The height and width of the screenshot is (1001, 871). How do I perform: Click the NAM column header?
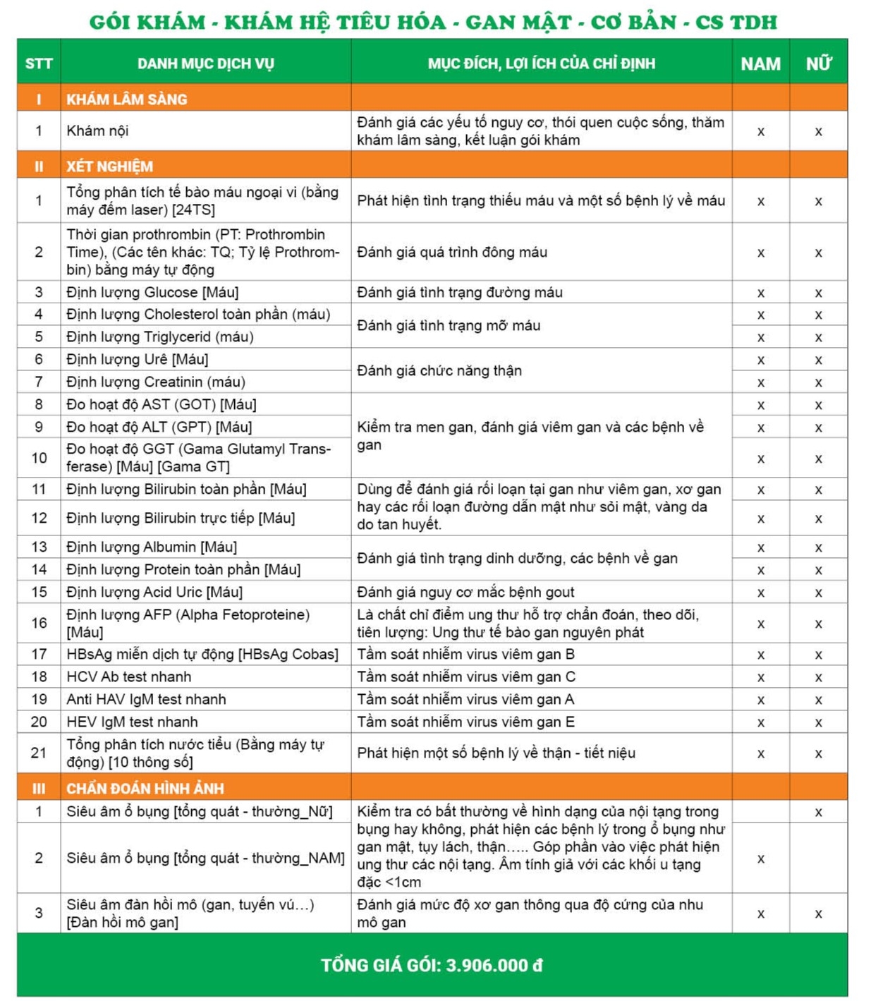[x=760, y=63]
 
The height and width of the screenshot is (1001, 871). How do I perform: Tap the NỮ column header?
[x=818, y=63]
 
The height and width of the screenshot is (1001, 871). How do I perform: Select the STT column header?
[x=39, y=63]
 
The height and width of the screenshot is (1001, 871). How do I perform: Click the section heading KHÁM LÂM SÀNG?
[x=127, y=99]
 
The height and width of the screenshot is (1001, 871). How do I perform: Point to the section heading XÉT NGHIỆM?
[x=110, y=166]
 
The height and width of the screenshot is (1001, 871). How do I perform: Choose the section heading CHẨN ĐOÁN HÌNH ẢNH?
[x=145, y=789]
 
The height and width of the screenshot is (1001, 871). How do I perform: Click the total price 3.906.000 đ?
[x=494, y=965]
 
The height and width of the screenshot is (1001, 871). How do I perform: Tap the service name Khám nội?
[x=97, y=131]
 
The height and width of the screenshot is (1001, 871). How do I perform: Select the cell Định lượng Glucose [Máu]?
[x=152, y=292]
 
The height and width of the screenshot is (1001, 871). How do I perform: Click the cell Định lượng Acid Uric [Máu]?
[x=154, y=592]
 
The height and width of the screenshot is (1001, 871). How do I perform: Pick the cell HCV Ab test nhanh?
[x=129, y=677]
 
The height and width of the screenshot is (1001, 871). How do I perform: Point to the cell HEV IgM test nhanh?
[x=132, y=722]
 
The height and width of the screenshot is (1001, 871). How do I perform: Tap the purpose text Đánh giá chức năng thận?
[x=439, y=370]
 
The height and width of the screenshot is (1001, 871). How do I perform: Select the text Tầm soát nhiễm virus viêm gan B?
[x=465, y=654]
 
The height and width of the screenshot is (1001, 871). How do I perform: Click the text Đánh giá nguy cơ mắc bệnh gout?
[x=465, y=592]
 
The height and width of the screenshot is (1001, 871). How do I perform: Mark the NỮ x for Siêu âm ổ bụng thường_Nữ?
[x=818, y=812]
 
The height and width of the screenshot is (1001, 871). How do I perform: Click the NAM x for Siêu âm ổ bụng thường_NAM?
[x=760, y=859]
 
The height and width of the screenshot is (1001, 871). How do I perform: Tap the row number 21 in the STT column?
[x=39, y=753]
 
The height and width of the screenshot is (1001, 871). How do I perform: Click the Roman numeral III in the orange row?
[x=39, y=789]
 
